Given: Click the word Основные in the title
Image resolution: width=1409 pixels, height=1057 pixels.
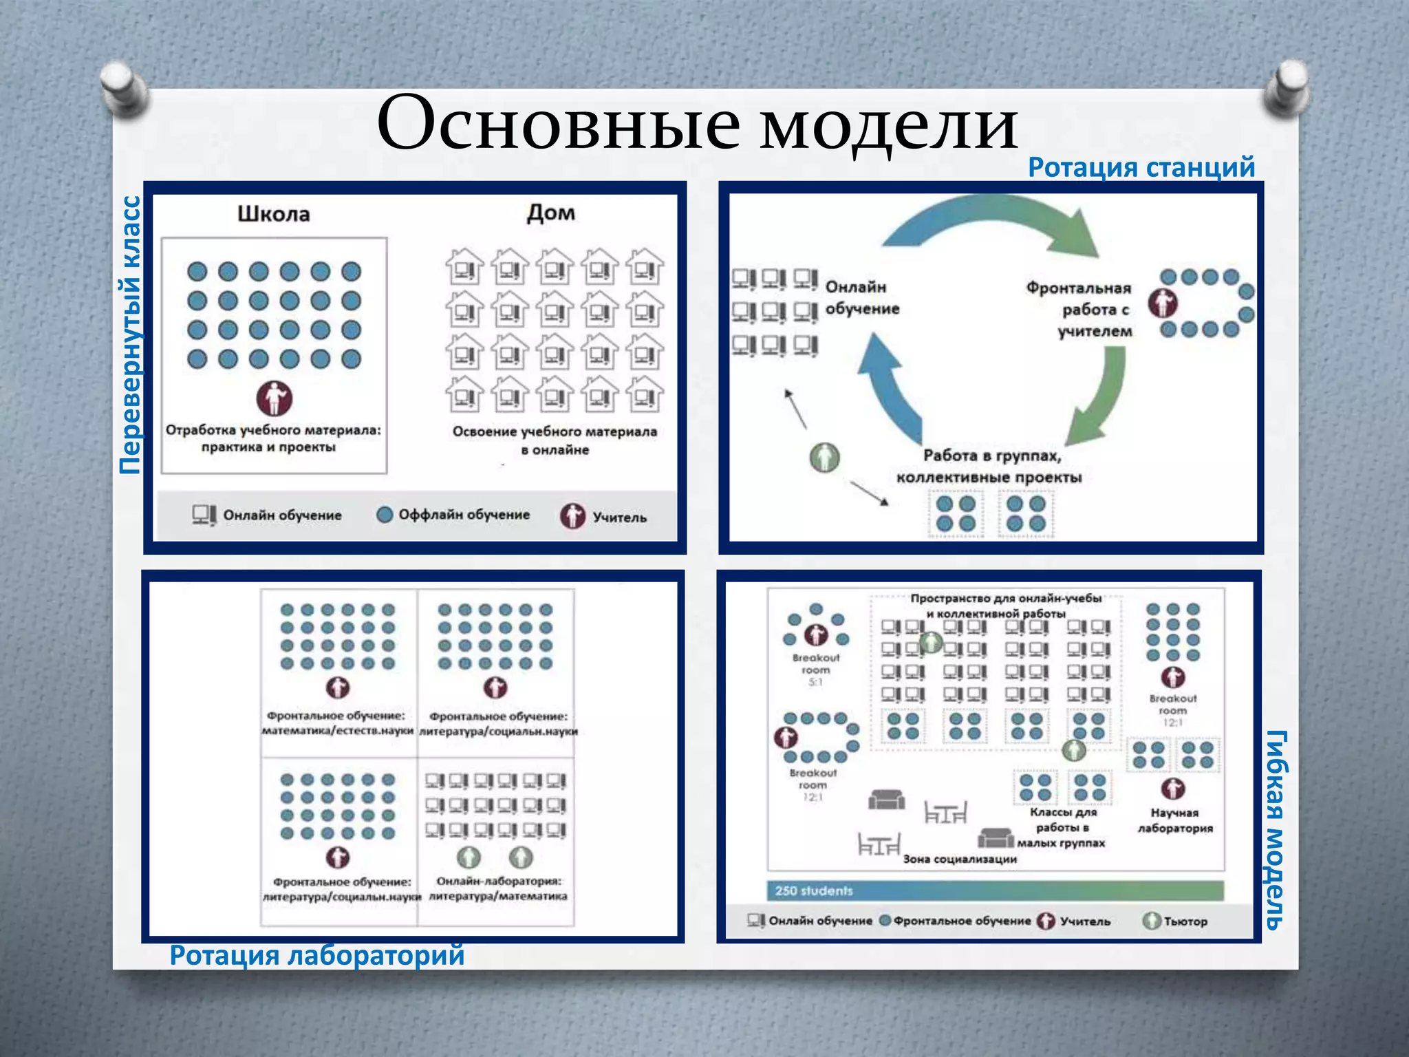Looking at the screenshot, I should click(x=558, y=125).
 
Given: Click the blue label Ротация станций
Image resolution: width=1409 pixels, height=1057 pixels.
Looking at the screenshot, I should click(x=1141, y=167).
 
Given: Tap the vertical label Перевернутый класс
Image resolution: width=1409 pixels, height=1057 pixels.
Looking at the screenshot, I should click(x=130, y=335).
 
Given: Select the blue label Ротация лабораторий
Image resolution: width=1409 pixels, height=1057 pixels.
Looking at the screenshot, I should click(x=317, y=955).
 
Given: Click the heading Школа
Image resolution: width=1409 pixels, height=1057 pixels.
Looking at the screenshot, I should click(x=273, y=214).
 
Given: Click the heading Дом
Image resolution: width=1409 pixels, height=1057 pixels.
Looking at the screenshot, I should click(x=550, y=213).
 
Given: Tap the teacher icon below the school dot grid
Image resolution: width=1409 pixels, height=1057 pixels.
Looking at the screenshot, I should click(x=275, y=398).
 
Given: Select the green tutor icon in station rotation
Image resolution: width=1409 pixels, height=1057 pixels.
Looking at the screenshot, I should click(x=824, y=457).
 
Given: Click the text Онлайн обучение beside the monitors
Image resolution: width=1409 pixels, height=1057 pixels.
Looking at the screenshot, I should click(x=862, y=298).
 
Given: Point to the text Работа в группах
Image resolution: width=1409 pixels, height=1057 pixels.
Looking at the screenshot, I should click(x=991, y=456).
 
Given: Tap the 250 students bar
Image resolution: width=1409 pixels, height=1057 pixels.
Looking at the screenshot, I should click(x=995, y=890).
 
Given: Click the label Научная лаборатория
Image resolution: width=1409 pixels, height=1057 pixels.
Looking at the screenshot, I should click(x=1174, y=820).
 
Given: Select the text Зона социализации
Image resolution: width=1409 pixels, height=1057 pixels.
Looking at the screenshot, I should click(x=960, y=859).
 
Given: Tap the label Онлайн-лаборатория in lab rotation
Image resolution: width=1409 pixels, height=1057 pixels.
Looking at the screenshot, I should click(x=499, y=881).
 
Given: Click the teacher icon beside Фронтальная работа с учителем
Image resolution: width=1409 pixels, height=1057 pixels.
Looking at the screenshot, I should click(x=1163, y=303).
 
